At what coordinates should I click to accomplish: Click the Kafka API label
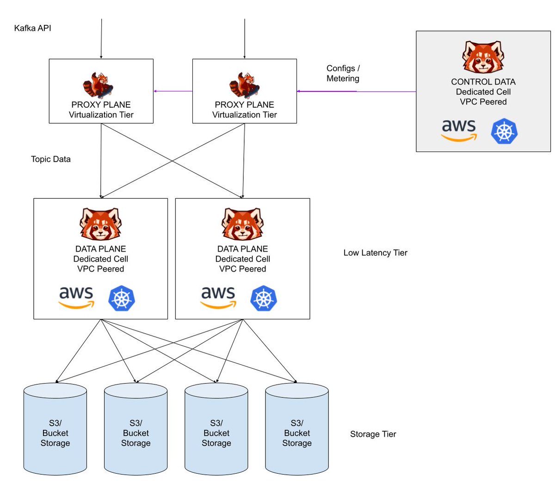(x=32, y=28)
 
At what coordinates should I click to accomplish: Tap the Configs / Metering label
(x=343, y=73)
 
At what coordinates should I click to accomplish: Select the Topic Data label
(x=51, y=159)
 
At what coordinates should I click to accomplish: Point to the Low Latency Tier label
(x=375, y=253)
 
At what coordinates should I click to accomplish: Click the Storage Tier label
(x=373, y=434)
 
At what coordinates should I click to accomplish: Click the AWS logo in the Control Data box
(x=458, y=130)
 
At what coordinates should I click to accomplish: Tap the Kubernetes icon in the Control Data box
(x=504, y=132)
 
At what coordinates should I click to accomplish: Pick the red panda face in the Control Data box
(x=483, y=57)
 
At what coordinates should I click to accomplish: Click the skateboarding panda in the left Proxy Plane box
(x=98, y=85)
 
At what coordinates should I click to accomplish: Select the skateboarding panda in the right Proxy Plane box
(x=244, y=85)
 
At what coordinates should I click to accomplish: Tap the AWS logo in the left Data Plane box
(x=76, y=298)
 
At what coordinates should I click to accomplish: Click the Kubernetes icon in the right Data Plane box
(x=264, y=298)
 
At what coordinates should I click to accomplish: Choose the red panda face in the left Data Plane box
(x=100, y=224)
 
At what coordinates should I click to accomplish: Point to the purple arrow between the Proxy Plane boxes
(x=173, y=91)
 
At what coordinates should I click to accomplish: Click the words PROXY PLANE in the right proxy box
(x=244, y=105)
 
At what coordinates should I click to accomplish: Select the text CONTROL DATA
(x=483, y=82)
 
